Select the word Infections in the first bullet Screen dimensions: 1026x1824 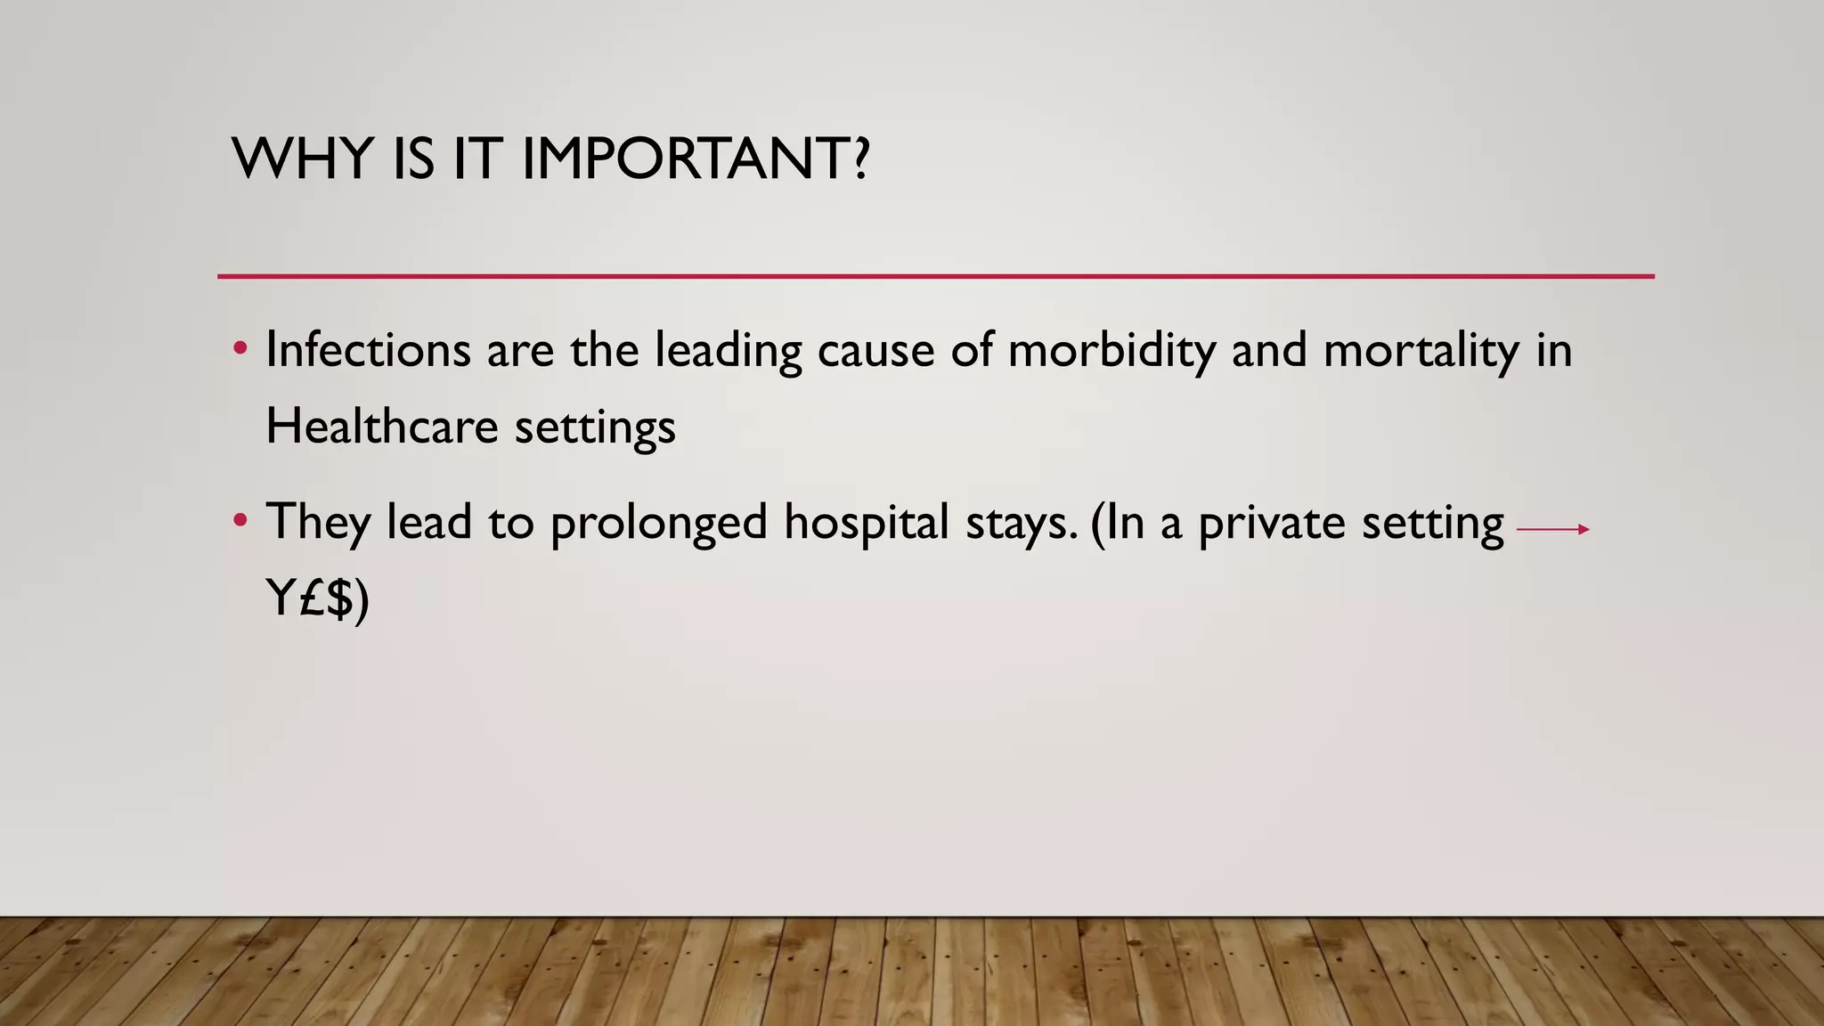point(368,349)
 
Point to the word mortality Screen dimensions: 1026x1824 point(1421,351)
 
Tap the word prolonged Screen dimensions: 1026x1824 point(658,523)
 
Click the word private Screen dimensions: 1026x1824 point(1271,523)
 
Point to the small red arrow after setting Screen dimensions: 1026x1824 point(1552,529)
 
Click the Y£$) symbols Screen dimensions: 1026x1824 point(317,598)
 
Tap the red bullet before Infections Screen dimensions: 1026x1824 point(240,348)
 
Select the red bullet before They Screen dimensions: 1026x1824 point(240,520)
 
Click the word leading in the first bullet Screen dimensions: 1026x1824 point(728,351)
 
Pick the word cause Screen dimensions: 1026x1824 point(875,351)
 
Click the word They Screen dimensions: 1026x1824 point(318,523)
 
